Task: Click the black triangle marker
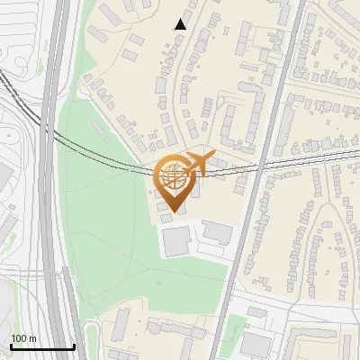point(181,24)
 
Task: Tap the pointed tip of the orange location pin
point(176,211)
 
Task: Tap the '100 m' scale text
point(23,338)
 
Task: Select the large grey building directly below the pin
point(176,240)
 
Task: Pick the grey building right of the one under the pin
point(217,230)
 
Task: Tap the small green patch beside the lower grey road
point(234,326)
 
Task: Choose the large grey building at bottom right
point(256,344)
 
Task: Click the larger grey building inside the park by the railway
point(104,84)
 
